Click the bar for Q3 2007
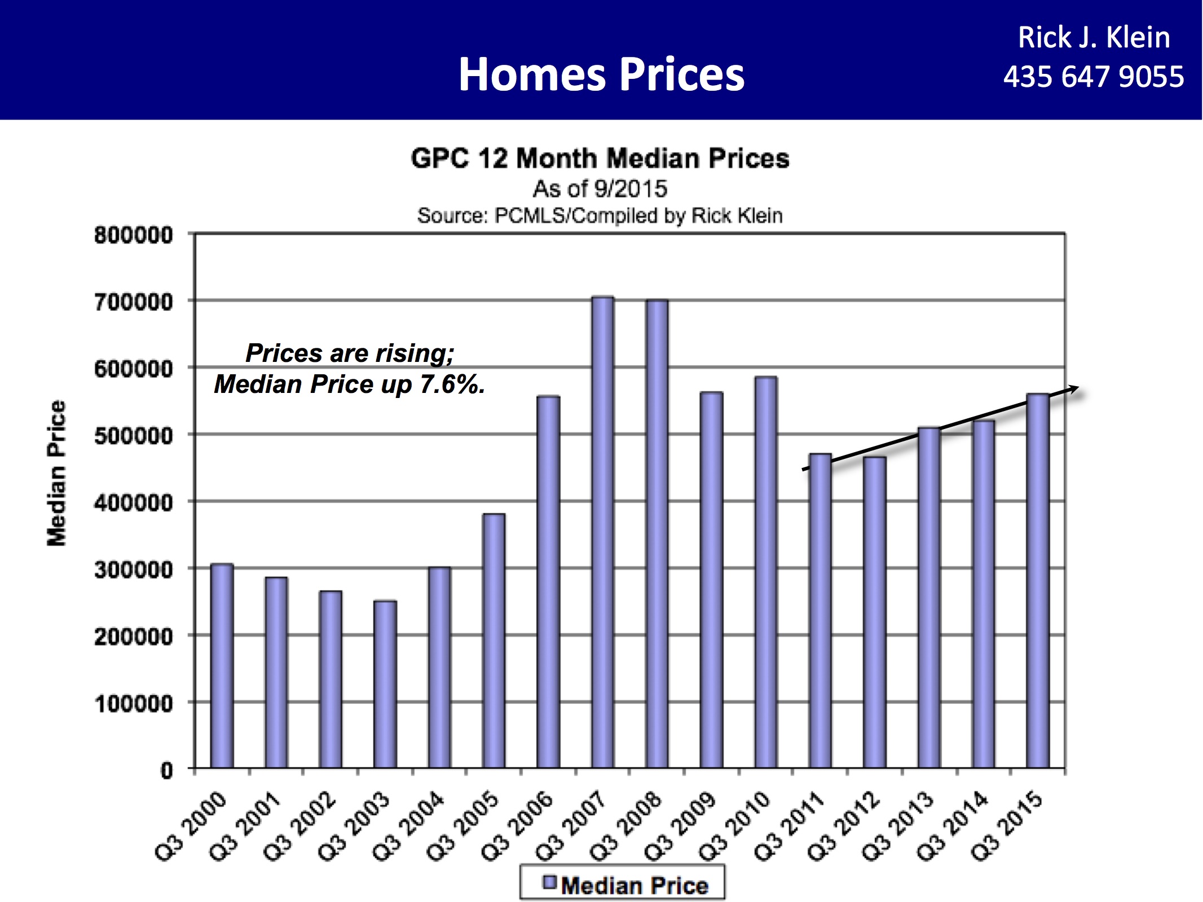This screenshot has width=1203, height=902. click(x=602, y=532)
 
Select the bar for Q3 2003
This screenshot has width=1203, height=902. click(x=385, y=684)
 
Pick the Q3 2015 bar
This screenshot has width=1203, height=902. click(x=1037, y=581)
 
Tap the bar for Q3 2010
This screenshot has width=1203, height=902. click(x=765, y=572)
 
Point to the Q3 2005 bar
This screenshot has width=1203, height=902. click(x=493, y=641)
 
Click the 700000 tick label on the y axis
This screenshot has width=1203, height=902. click(x=134, y=302)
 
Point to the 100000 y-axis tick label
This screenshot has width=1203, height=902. click(x=134, y=704)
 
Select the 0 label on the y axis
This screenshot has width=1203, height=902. click(x=166, y=771)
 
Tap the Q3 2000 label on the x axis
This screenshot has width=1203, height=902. click(x=191, y=825)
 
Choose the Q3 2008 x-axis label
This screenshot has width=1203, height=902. click(x=627, y=825)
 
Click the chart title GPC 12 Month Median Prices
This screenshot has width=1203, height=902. click(x=600, y=158)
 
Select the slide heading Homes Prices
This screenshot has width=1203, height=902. click(x=601, y=74)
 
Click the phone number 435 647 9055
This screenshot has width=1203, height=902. click(x=1093, y=77)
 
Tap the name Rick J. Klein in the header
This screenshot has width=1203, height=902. click(x=1094, y=38)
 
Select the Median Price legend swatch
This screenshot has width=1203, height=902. click(x=549, y=882)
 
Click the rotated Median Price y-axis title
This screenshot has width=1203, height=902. click(x=56, y=474)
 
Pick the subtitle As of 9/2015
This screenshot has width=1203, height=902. click(x=600, y=189)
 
